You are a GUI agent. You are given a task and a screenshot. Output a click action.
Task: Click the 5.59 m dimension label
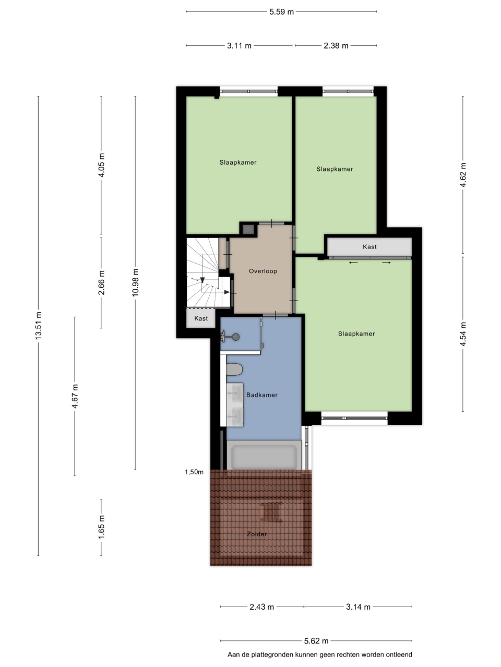click(x=281, y=12)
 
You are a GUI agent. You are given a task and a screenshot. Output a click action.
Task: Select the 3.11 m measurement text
click(x=239, y=45)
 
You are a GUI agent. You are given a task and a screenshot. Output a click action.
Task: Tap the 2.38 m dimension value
click(x=336, y=45)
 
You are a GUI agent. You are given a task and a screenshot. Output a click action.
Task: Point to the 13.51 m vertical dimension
click(x=38, y=326)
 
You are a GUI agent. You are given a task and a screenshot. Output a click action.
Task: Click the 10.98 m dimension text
click(x=135, y=282)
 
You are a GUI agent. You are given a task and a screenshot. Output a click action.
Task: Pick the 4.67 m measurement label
click(x=75, y=396)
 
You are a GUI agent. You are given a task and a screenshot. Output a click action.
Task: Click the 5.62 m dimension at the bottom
click(x=316, y=641)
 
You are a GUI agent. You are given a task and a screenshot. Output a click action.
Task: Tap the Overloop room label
click(x=263, y=271)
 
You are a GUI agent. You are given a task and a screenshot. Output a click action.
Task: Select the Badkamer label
click(x=262, y=395)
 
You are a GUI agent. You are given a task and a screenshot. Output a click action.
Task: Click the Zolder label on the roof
click(x=257, y=534)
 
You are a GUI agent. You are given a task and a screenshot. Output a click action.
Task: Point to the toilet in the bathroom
click(x=234, y=369)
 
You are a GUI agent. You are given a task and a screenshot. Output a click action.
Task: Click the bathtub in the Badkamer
click(x=264, y=456)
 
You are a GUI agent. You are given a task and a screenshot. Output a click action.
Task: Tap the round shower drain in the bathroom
click(x=235, y=337)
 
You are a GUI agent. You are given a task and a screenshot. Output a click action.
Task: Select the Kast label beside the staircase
click(x=201, y=318)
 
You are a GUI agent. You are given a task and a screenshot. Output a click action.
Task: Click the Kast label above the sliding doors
click(x=369, y=247)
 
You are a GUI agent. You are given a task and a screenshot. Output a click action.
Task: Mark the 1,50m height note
click(x=194, y=472)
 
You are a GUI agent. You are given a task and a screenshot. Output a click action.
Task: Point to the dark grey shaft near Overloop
click(x=248, y=229)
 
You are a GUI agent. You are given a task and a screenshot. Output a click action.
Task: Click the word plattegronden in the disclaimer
click(x=272, y=655)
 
